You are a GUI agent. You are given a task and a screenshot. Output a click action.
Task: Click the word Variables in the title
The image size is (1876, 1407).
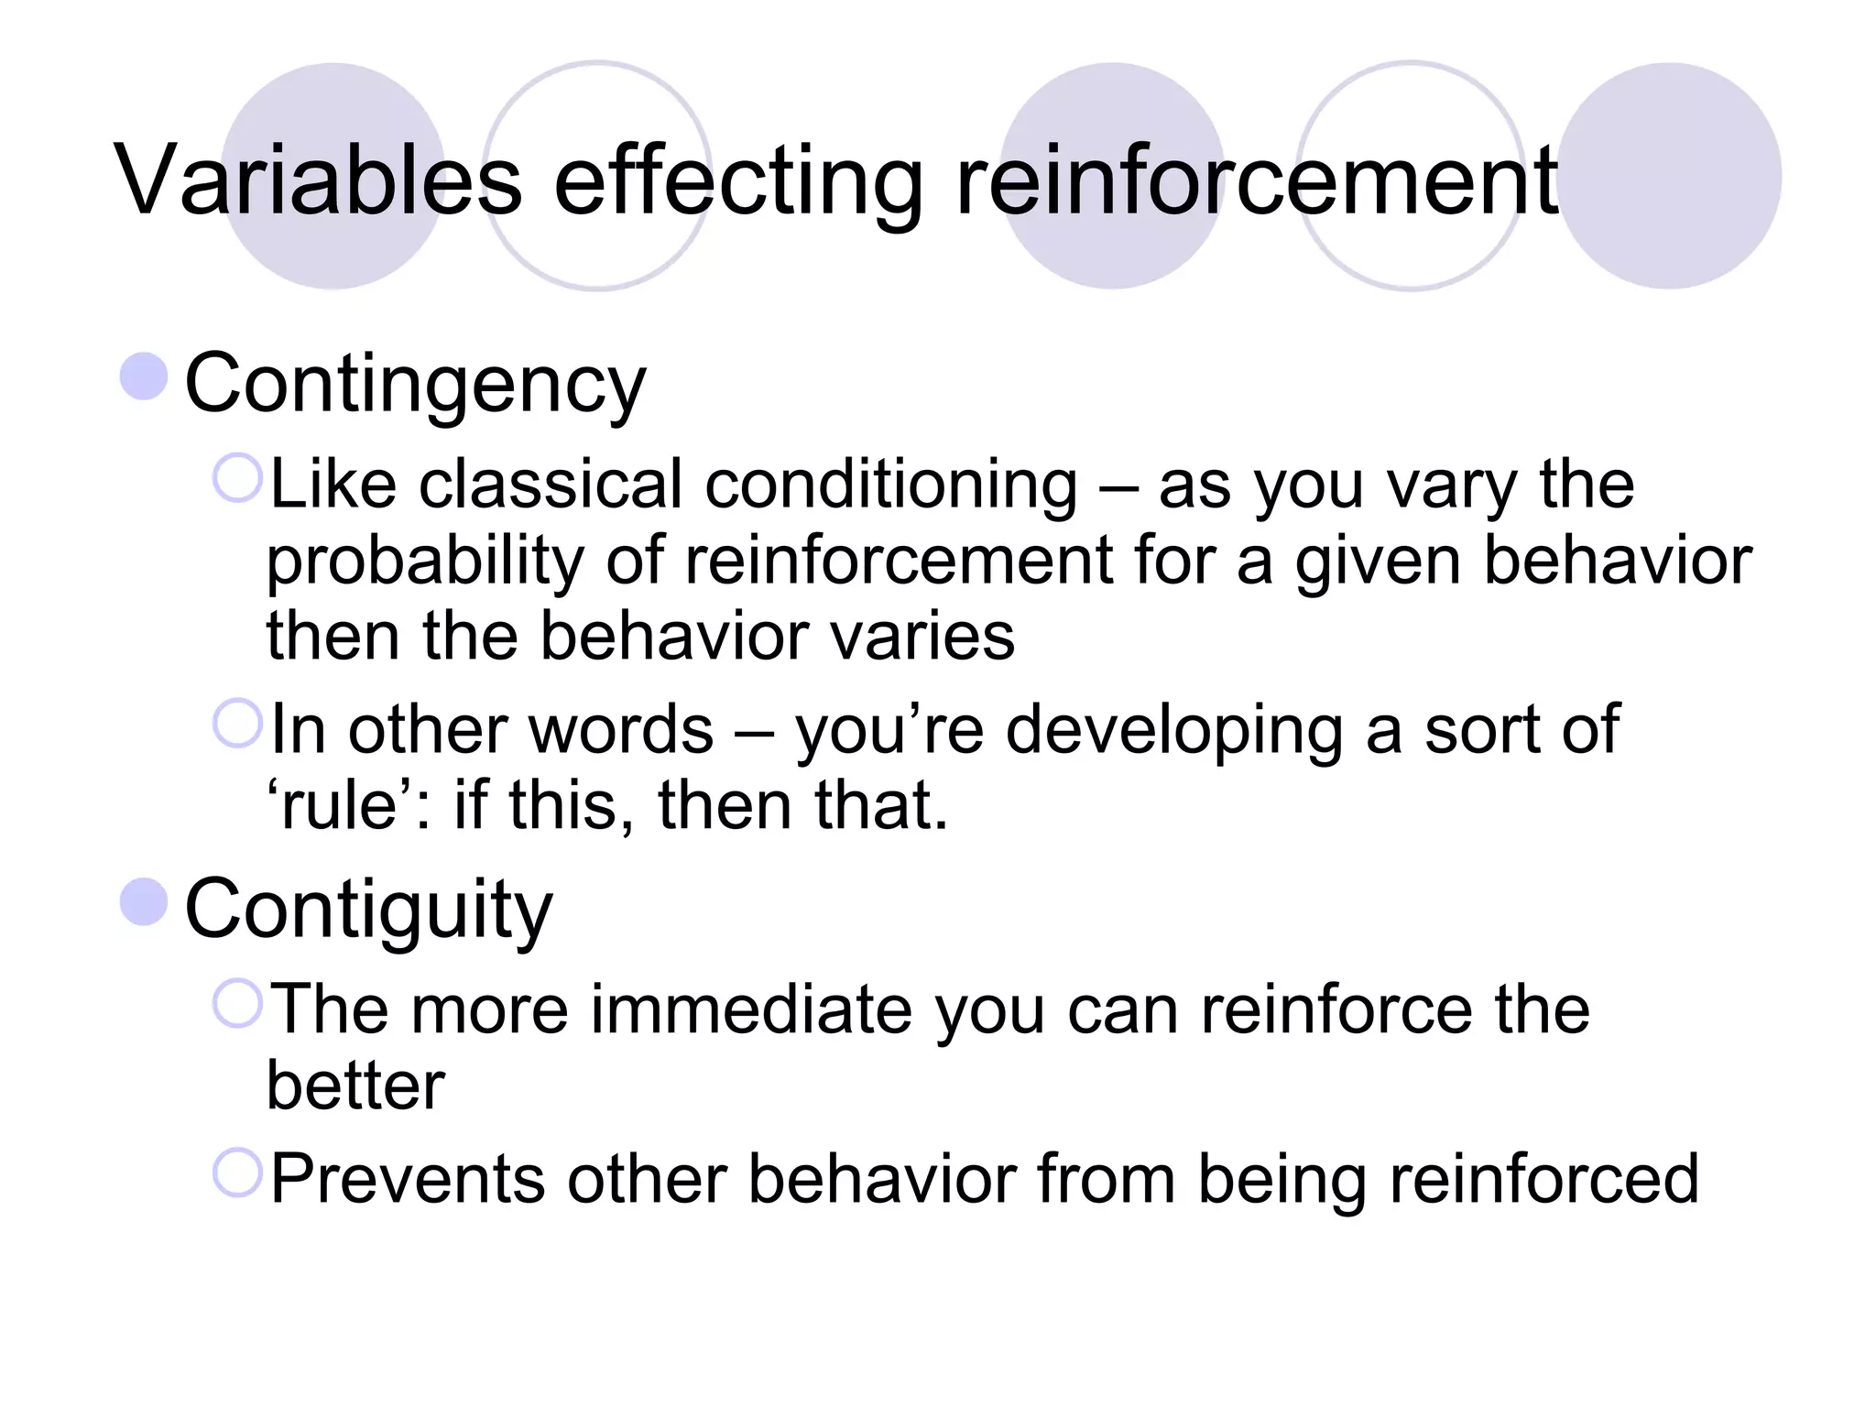coord(317,180)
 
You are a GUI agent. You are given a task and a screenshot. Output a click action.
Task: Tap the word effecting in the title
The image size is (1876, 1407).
coord(738,180)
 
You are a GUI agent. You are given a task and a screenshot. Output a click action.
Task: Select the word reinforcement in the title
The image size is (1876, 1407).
coord(1256,180)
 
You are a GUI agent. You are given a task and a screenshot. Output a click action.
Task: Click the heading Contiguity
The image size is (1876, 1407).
coord(368,910)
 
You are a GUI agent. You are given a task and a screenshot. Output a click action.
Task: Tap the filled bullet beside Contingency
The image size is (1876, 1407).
coord(145,376)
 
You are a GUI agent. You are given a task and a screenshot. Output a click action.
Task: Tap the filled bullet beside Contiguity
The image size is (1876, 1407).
coord(145,901)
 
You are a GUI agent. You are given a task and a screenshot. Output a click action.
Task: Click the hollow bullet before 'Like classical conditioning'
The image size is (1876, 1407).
coord(238,478)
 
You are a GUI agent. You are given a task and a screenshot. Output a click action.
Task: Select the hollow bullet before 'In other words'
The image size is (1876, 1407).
coord(238,724)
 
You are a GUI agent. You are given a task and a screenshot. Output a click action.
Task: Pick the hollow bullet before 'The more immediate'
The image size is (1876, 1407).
coord(238,1003)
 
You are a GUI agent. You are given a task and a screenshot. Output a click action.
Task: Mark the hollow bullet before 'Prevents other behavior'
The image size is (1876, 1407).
coord(238,1172)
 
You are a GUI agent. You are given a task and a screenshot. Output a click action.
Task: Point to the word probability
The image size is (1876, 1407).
coord(425,562)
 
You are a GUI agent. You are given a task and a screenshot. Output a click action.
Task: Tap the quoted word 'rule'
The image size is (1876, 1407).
coord(340,806)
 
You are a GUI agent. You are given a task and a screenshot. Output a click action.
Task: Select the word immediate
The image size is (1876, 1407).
coord(751,1009)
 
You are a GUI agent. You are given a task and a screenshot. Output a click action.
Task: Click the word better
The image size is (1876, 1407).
coord(355,1086)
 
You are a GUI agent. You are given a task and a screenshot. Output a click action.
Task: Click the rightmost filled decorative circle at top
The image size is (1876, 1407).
coord(1669,176)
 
